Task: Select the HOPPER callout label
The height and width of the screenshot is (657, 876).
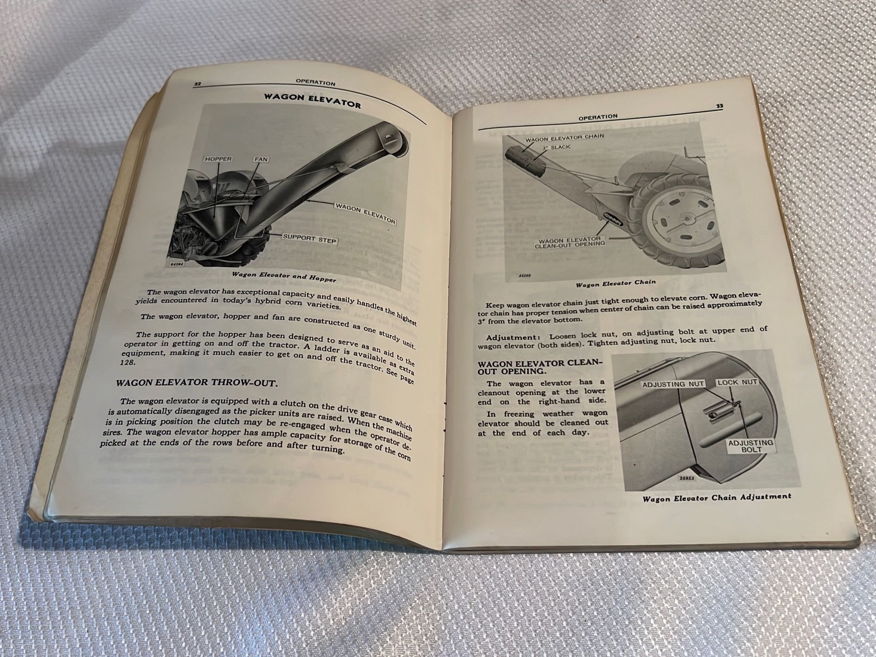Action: tap(218, 159)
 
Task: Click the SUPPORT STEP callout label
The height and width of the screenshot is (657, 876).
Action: tap(309, 239)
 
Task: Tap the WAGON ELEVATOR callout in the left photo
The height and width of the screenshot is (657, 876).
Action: tap(366, 214)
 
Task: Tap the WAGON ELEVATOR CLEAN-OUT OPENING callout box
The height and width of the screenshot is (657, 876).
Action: tap(570, 242)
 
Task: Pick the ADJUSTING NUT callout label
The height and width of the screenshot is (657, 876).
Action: tap(673, 384)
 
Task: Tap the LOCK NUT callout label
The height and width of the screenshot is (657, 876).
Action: tap(737, 382)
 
